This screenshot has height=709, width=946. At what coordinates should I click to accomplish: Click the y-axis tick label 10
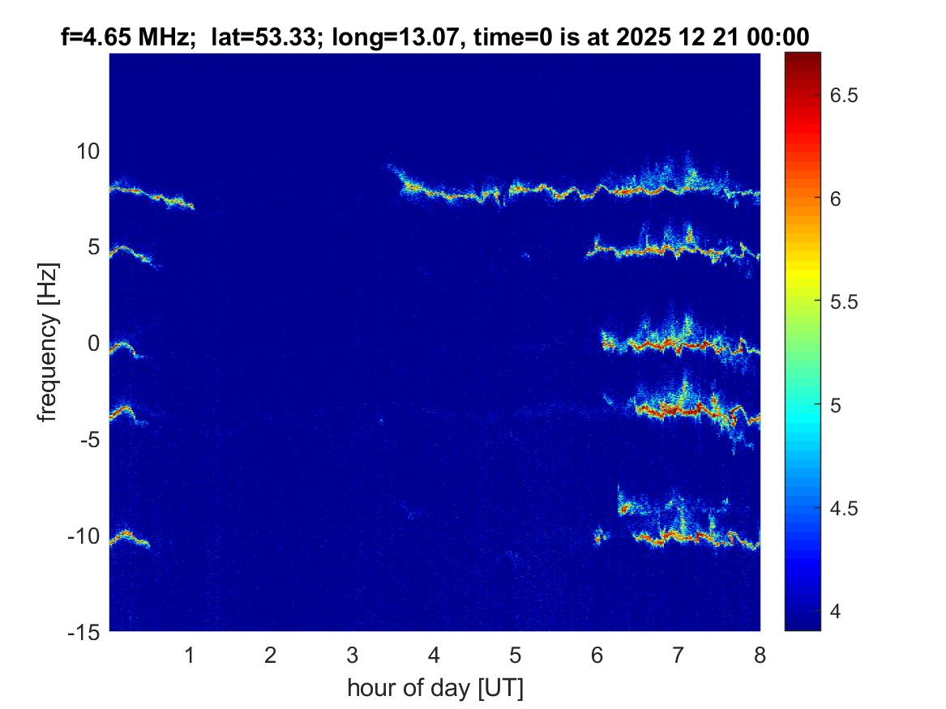pos(87,151)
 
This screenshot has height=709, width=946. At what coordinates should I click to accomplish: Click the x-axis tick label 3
pos(353,656)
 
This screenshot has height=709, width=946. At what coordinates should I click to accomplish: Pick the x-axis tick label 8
pos(760,656)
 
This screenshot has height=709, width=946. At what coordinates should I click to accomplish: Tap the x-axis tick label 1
pos(190,656)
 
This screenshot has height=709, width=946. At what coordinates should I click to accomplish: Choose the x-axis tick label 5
pos(516,656)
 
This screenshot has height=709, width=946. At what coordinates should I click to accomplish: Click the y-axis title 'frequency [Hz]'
pos(49,342)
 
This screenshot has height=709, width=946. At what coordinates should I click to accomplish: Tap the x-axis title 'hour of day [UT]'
pos(434,688)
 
